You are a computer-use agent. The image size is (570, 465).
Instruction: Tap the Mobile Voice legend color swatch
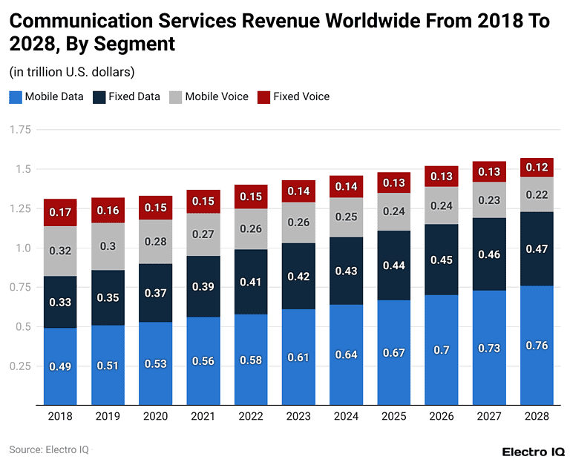pyautogui.click(x=175, y=96)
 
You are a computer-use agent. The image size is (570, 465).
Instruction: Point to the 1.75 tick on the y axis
pyautogui.click(x=20, y=130)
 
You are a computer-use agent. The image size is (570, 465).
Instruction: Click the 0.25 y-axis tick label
pyautogui.click(x=20, y=366)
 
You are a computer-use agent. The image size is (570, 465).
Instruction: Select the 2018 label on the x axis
pyautogui.click(x=60, y=417)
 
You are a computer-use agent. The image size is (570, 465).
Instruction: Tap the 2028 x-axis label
pyautogui.click(x=537, y=417)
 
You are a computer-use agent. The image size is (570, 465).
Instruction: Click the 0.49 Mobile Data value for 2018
pyautogui.click(x=60, y=366)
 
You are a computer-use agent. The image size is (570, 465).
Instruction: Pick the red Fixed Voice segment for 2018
pyautogui.click(x=60, y=212)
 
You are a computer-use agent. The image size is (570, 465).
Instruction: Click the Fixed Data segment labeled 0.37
pyautogui.click(x=155, y=293)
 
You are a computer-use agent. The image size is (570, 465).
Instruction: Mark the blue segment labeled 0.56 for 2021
pyautogui.click(x=203, y=362)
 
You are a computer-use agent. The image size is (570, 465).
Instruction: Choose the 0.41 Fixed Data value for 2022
pyautogui.click(x=250, y=282)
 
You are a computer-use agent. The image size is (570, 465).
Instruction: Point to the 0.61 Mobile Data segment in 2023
pyautogui.click(x=298, y=357)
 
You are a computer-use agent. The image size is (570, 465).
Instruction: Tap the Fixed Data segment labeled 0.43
pyautogui.click(x=345, y=271)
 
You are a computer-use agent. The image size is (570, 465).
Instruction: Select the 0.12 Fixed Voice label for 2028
pyautogui.click(x=537, y=168)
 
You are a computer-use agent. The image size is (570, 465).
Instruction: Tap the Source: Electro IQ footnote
pyautogui.click(x=49, y=449)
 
